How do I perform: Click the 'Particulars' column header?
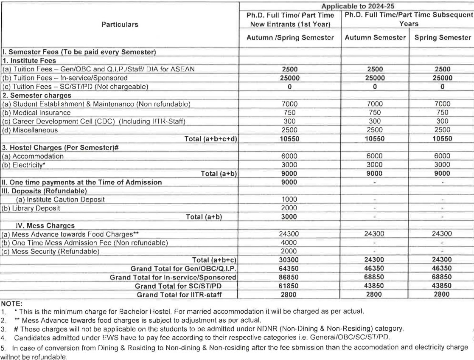(x=120, y=25)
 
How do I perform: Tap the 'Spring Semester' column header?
(x=441, y=38)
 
